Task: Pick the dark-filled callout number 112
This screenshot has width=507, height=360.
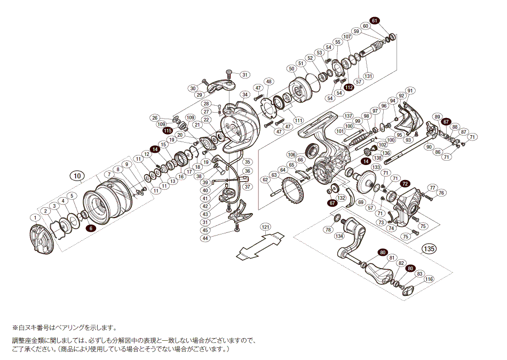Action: pos(348,87)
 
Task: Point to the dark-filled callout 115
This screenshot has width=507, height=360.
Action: pos(168,131)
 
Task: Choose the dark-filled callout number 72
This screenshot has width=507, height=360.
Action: pos(405,183)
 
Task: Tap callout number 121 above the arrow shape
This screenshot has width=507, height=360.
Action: pos(265,226)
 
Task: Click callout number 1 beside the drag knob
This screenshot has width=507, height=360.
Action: pos(35,217)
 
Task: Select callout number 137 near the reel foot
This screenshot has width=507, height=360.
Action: pos(348,116)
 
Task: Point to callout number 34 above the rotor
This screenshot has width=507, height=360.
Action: pos(245,95)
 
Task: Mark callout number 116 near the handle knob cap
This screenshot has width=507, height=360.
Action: pos(429,279)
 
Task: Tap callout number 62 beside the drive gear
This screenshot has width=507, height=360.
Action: pos(265,180)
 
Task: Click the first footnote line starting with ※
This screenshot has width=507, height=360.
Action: pos(64,327)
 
